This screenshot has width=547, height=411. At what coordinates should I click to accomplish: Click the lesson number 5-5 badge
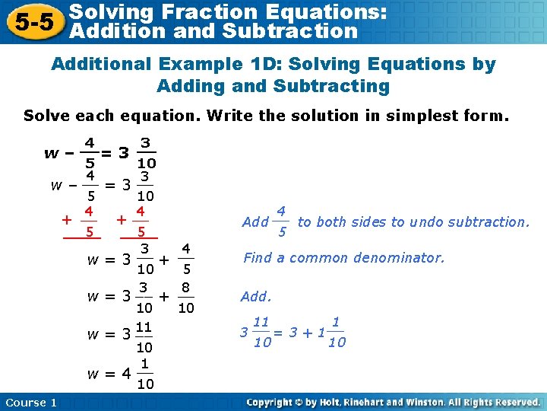click(x=32, y=22)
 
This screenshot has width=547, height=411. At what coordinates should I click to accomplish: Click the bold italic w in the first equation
click(x=51, y=152)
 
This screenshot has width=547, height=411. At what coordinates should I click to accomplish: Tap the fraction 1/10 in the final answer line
click(x=144, y=374)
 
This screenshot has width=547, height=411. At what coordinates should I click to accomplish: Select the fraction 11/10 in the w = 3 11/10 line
click(x=144, y=337)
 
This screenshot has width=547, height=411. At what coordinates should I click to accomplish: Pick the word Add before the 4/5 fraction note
click(x=255, y=222)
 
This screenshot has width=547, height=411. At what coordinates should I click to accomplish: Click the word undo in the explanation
click(x=426, y=222)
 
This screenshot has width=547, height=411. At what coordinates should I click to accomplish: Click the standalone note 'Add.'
click(x=255, y=296)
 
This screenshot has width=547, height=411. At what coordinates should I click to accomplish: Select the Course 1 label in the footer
click(x=30, y=402)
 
